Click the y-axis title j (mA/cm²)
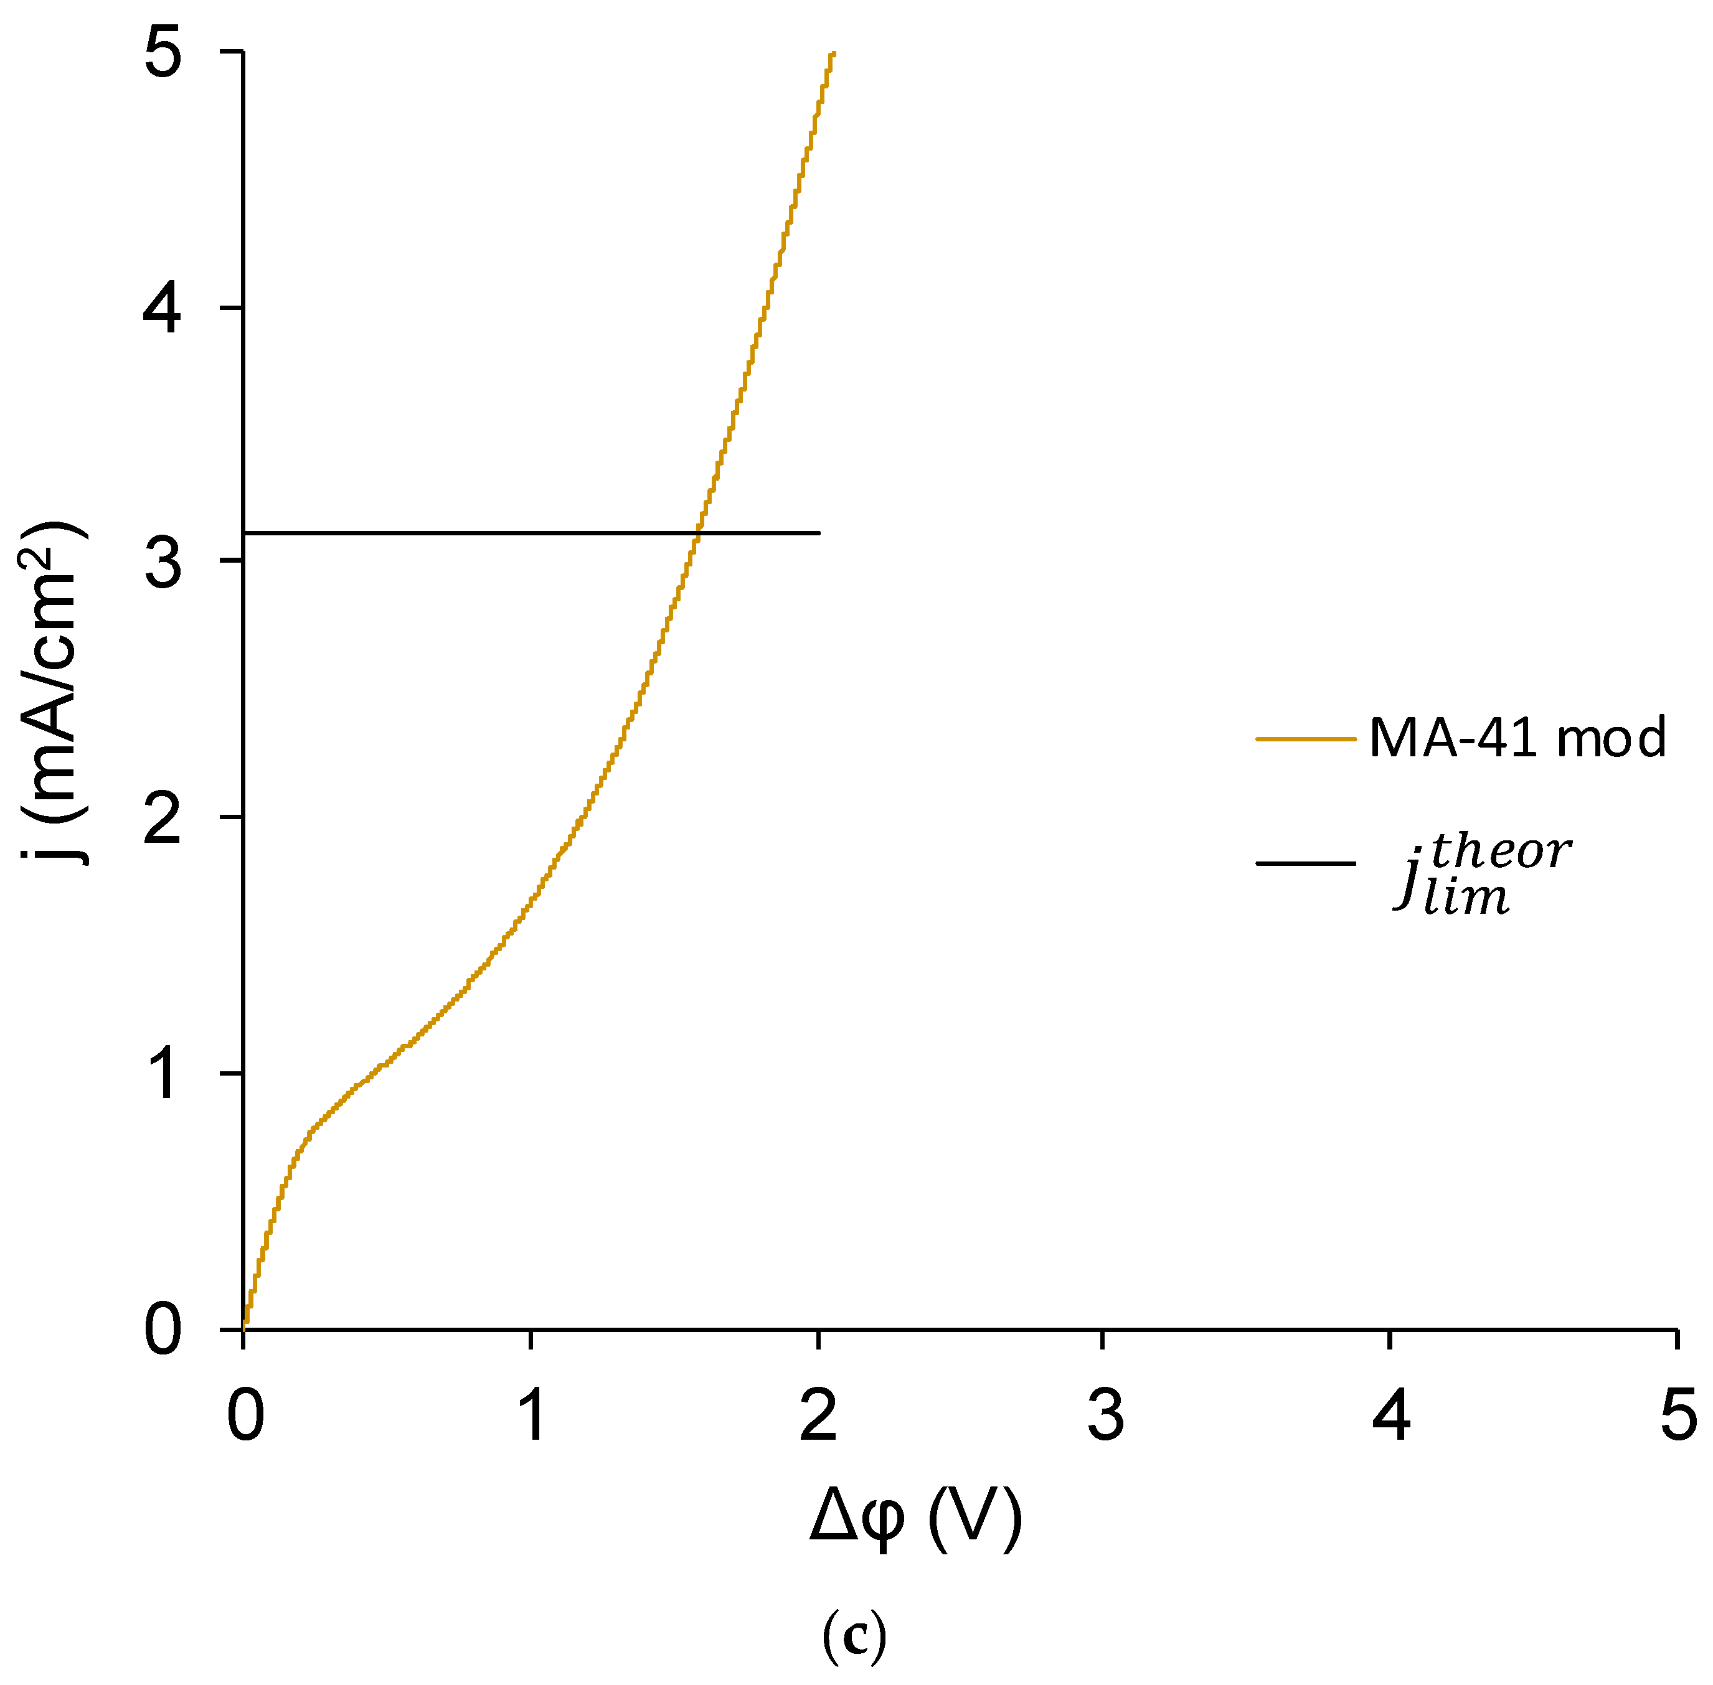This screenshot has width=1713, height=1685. pos(53,691)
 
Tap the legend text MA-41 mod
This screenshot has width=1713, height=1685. pos(1516,736)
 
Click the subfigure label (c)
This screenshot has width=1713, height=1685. pos(854,1637)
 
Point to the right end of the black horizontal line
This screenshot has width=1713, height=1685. pos(818,533)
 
